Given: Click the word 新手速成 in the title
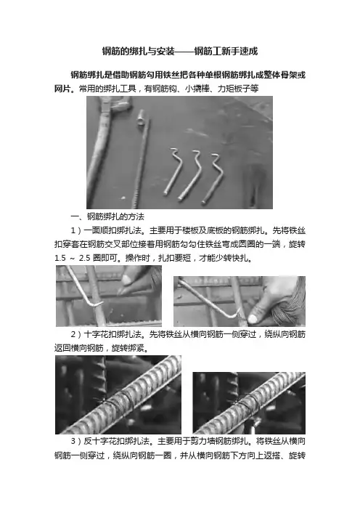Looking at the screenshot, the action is [240, 51].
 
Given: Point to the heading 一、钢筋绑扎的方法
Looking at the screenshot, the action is [107, 216].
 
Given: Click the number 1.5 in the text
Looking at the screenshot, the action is [60, 258].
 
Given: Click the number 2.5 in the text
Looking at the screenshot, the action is [84, 258].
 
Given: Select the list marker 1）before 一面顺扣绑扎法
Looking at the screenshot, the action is [76, 230].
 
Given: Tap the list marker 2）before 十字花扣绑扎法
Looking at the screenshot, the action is [76, 334].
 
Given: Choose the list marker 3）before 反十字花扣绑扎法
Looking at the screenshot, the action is [76, 442].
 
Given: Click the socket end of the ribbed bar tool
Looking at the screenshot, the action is [142, 116].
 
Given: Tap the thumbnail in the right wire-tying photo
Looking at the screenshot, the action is [253, 319].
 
